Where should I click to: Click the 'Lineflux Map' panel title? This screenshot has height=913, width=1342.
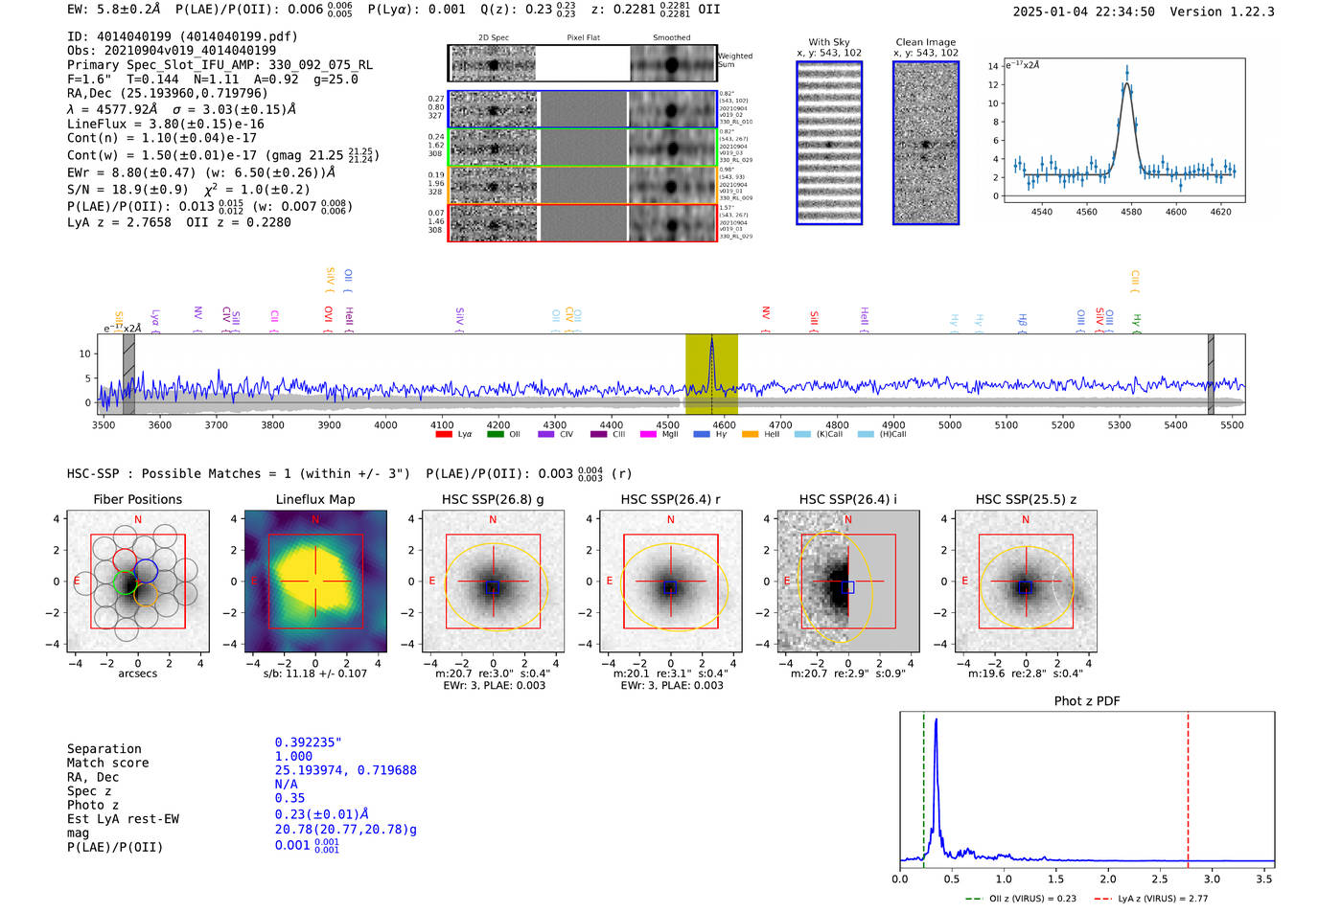[314, 499]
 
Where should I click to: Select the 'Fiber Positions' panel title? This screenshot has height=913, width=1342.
[137, 499]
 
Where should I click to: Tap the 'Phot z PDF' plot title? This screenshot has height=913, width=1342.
[1087, 700]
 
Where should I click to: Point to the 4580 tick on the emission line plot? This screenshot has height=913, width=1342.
[1131, 212]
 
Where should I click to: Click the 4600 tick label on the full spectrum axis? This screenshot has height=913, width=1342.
[725, 424]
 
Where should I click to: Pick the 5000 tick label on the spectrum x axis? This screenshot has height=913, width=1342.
[950, 424]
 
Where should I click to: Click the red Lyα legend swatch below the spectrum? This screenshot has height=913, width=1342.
[444, 435]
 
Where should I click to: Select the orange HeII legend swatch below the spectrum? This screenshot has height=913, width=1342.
[750, 435]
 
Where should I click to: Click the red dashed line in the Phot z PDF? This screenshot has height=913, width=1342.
[1188, 786]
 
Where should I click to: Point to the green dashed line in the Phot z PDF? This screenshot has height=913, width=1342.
[924, 786]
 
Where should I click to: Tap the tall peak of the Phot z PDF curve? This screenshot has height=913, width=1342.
[936, 720]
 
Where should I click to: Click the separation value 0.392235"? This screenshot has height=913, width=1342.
[308, 742]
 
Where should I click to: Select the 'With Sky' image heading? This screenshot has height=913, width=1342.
[829, 42]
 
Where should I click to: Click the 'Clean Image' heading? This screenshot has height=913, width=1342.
[926, 42]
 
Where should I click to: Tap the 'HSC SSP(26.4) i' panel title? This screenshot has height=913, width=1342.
[847, 499]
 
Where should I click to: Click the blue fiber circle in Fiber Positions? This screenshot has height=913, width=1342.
[146, 571]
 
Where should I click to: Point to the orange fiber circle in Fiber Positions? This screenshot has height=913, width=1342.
[146, 595]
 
